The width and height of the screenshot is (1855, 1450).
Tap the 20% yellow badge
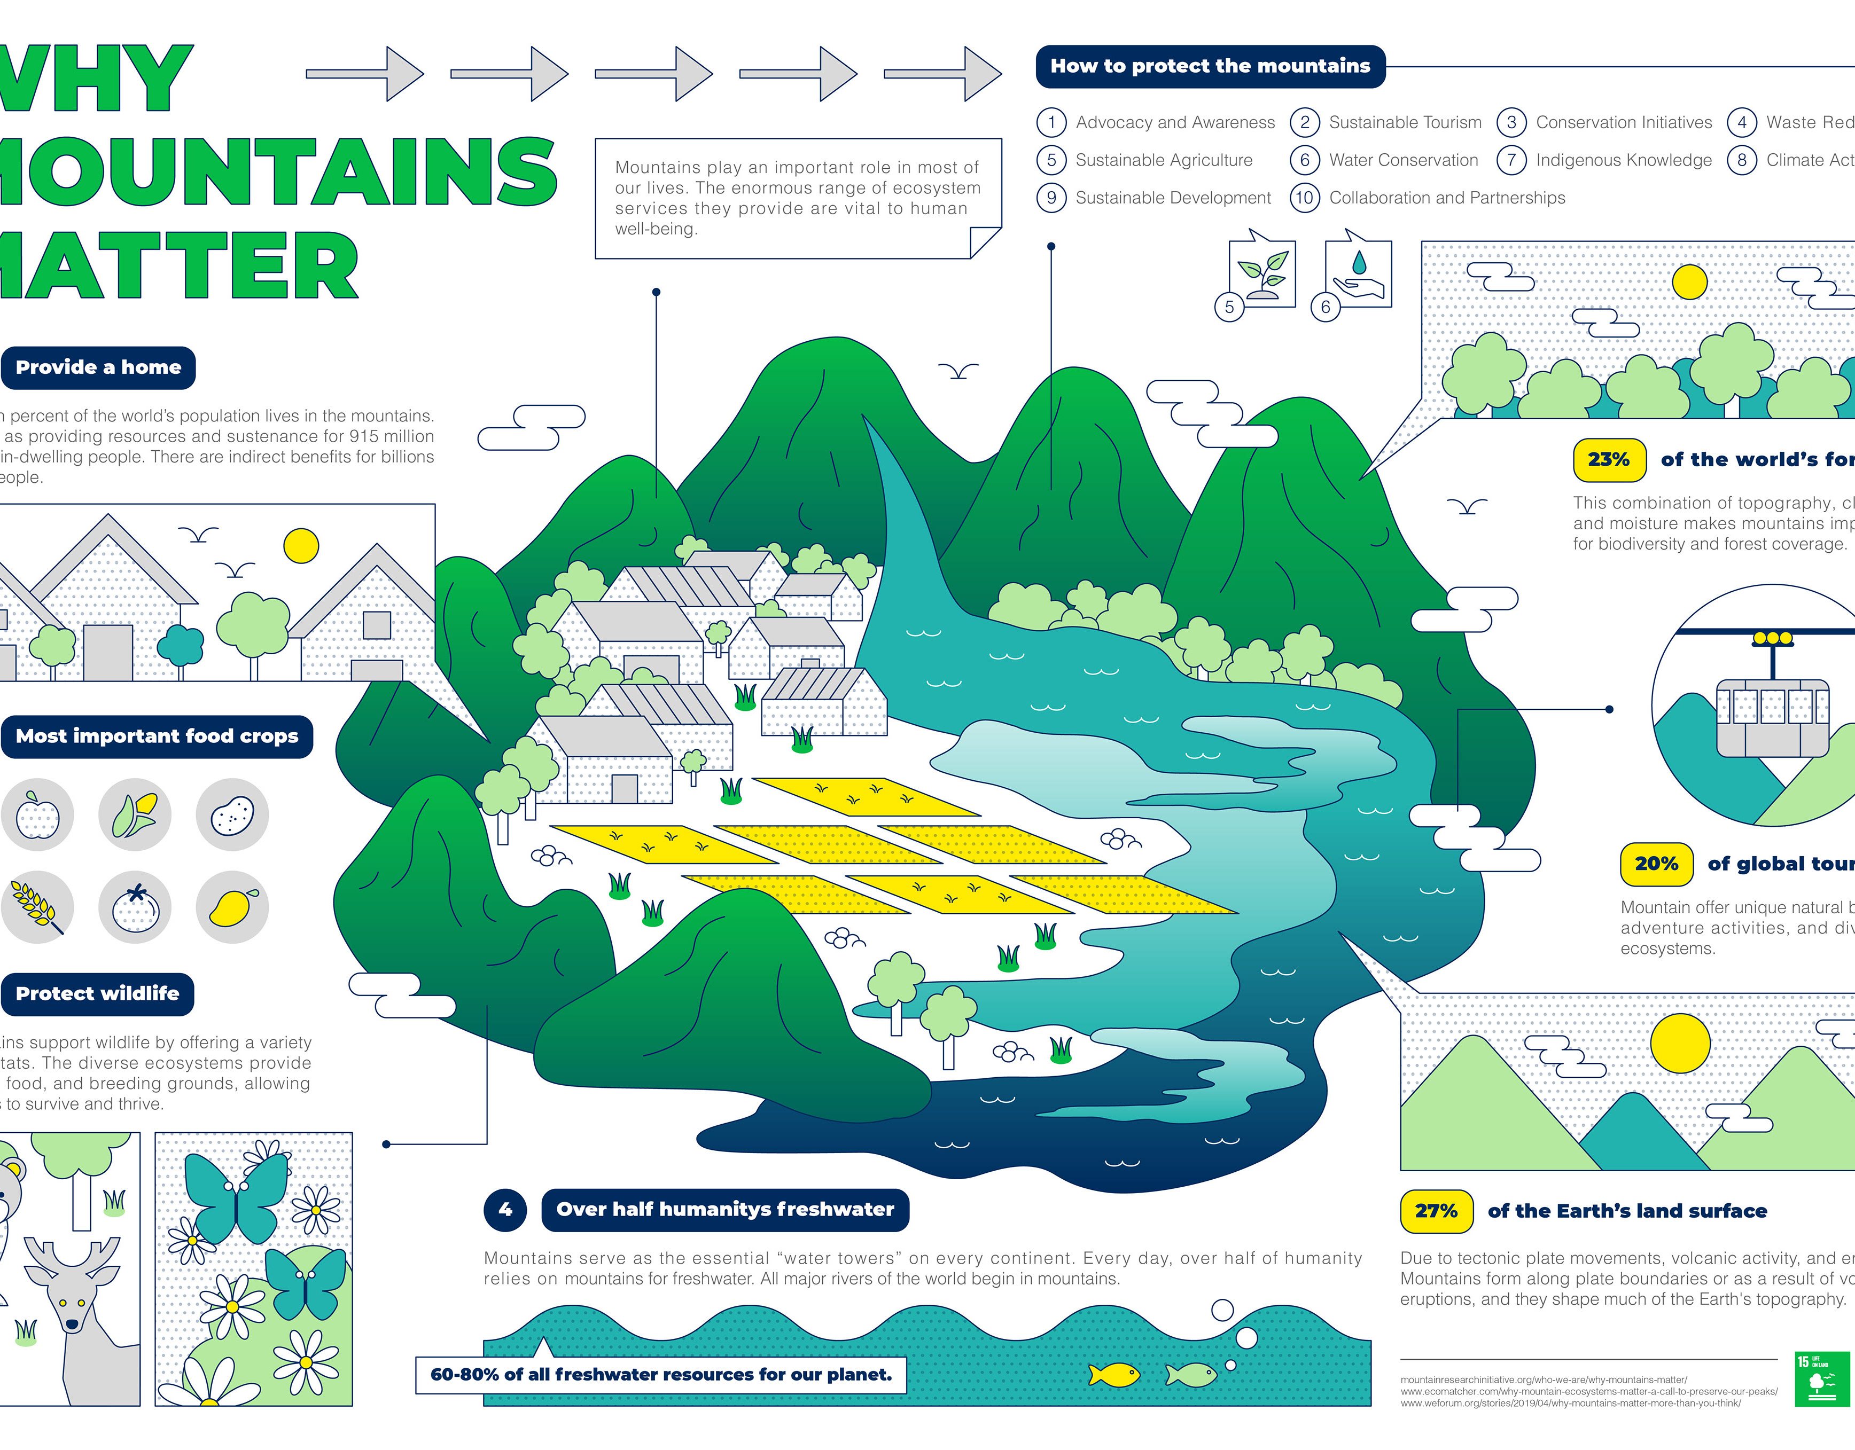1656,864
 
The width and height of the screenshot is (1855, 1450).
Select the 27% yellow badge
1436,1211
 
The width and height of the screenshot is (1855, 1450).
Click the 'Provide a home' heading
98,367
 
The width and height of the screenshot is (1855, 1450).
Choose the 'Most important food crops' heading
157,736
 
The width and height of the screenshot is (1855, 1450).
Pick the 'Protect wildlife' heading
98,993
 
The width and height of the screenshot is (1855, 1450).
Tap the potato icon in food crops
232,815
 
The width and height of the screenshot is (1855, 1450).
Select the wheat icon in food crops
36,907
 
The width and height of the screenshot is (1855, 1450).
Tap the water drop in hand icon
1359,273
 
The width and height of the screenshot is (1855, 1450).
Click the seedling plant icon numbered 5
1263,274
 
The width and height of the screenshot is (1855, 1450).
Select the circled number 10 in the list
1305,198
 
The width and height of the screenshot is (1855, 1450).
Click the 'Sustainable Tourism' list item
1405,122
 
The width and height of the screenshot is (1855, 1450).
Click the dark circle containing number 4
505,1210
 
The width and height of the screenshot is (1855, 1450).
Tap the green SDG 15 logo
1822,1380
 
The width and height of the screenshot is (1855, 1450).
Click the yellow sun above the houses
301,546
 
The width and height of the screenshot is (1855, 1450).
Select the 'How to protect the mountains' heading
1210,66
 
